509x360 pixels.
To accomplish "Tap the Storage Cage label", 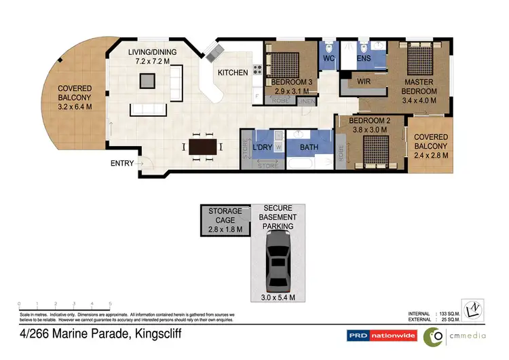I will click(225, 221).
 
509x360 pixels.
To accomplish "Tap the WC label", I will click(328, 60).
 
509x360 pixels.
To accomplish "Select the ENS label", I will click(362, 60).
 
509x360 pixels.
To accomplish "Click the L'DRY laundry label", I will click(262, 147).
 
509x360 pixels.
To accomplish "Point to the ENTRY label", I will click(123, 163).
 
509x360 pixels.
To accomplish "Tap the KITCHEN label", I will click(232, 72).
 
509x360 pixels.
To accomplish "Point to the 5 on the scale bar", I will click(110, 304).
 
